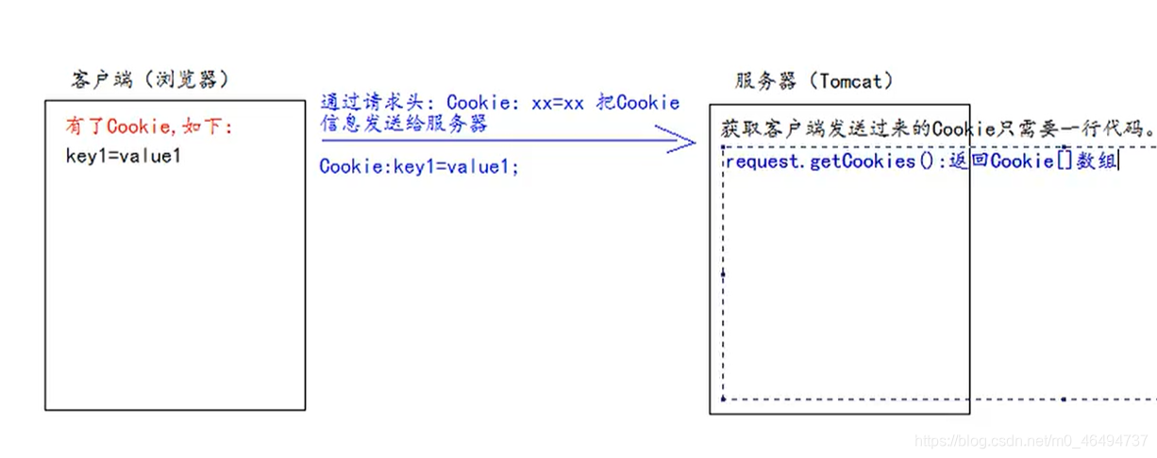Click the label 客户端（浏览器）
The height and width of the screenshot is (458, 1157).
click(150, 80)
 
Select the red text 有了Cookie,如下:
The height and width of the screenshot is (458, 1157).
click(148, 127)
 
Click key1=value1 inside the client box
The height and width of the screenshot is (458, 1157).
click(123, 156)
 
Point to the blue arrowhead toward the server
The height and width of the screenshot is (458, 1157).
click(681, 140)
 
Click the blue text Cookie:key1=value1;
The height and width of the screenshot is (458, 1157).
click(419, 167)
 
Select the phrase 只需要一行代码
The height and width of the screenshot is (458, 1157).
click(1076, 127)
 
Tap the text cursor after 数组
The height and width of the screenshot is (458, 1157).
click(1118, 161)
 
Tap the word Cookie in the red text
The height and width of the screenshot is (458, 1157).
click(131, 127)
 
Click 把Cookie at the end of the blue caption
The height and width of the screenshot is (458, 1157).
click(639, 102)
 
